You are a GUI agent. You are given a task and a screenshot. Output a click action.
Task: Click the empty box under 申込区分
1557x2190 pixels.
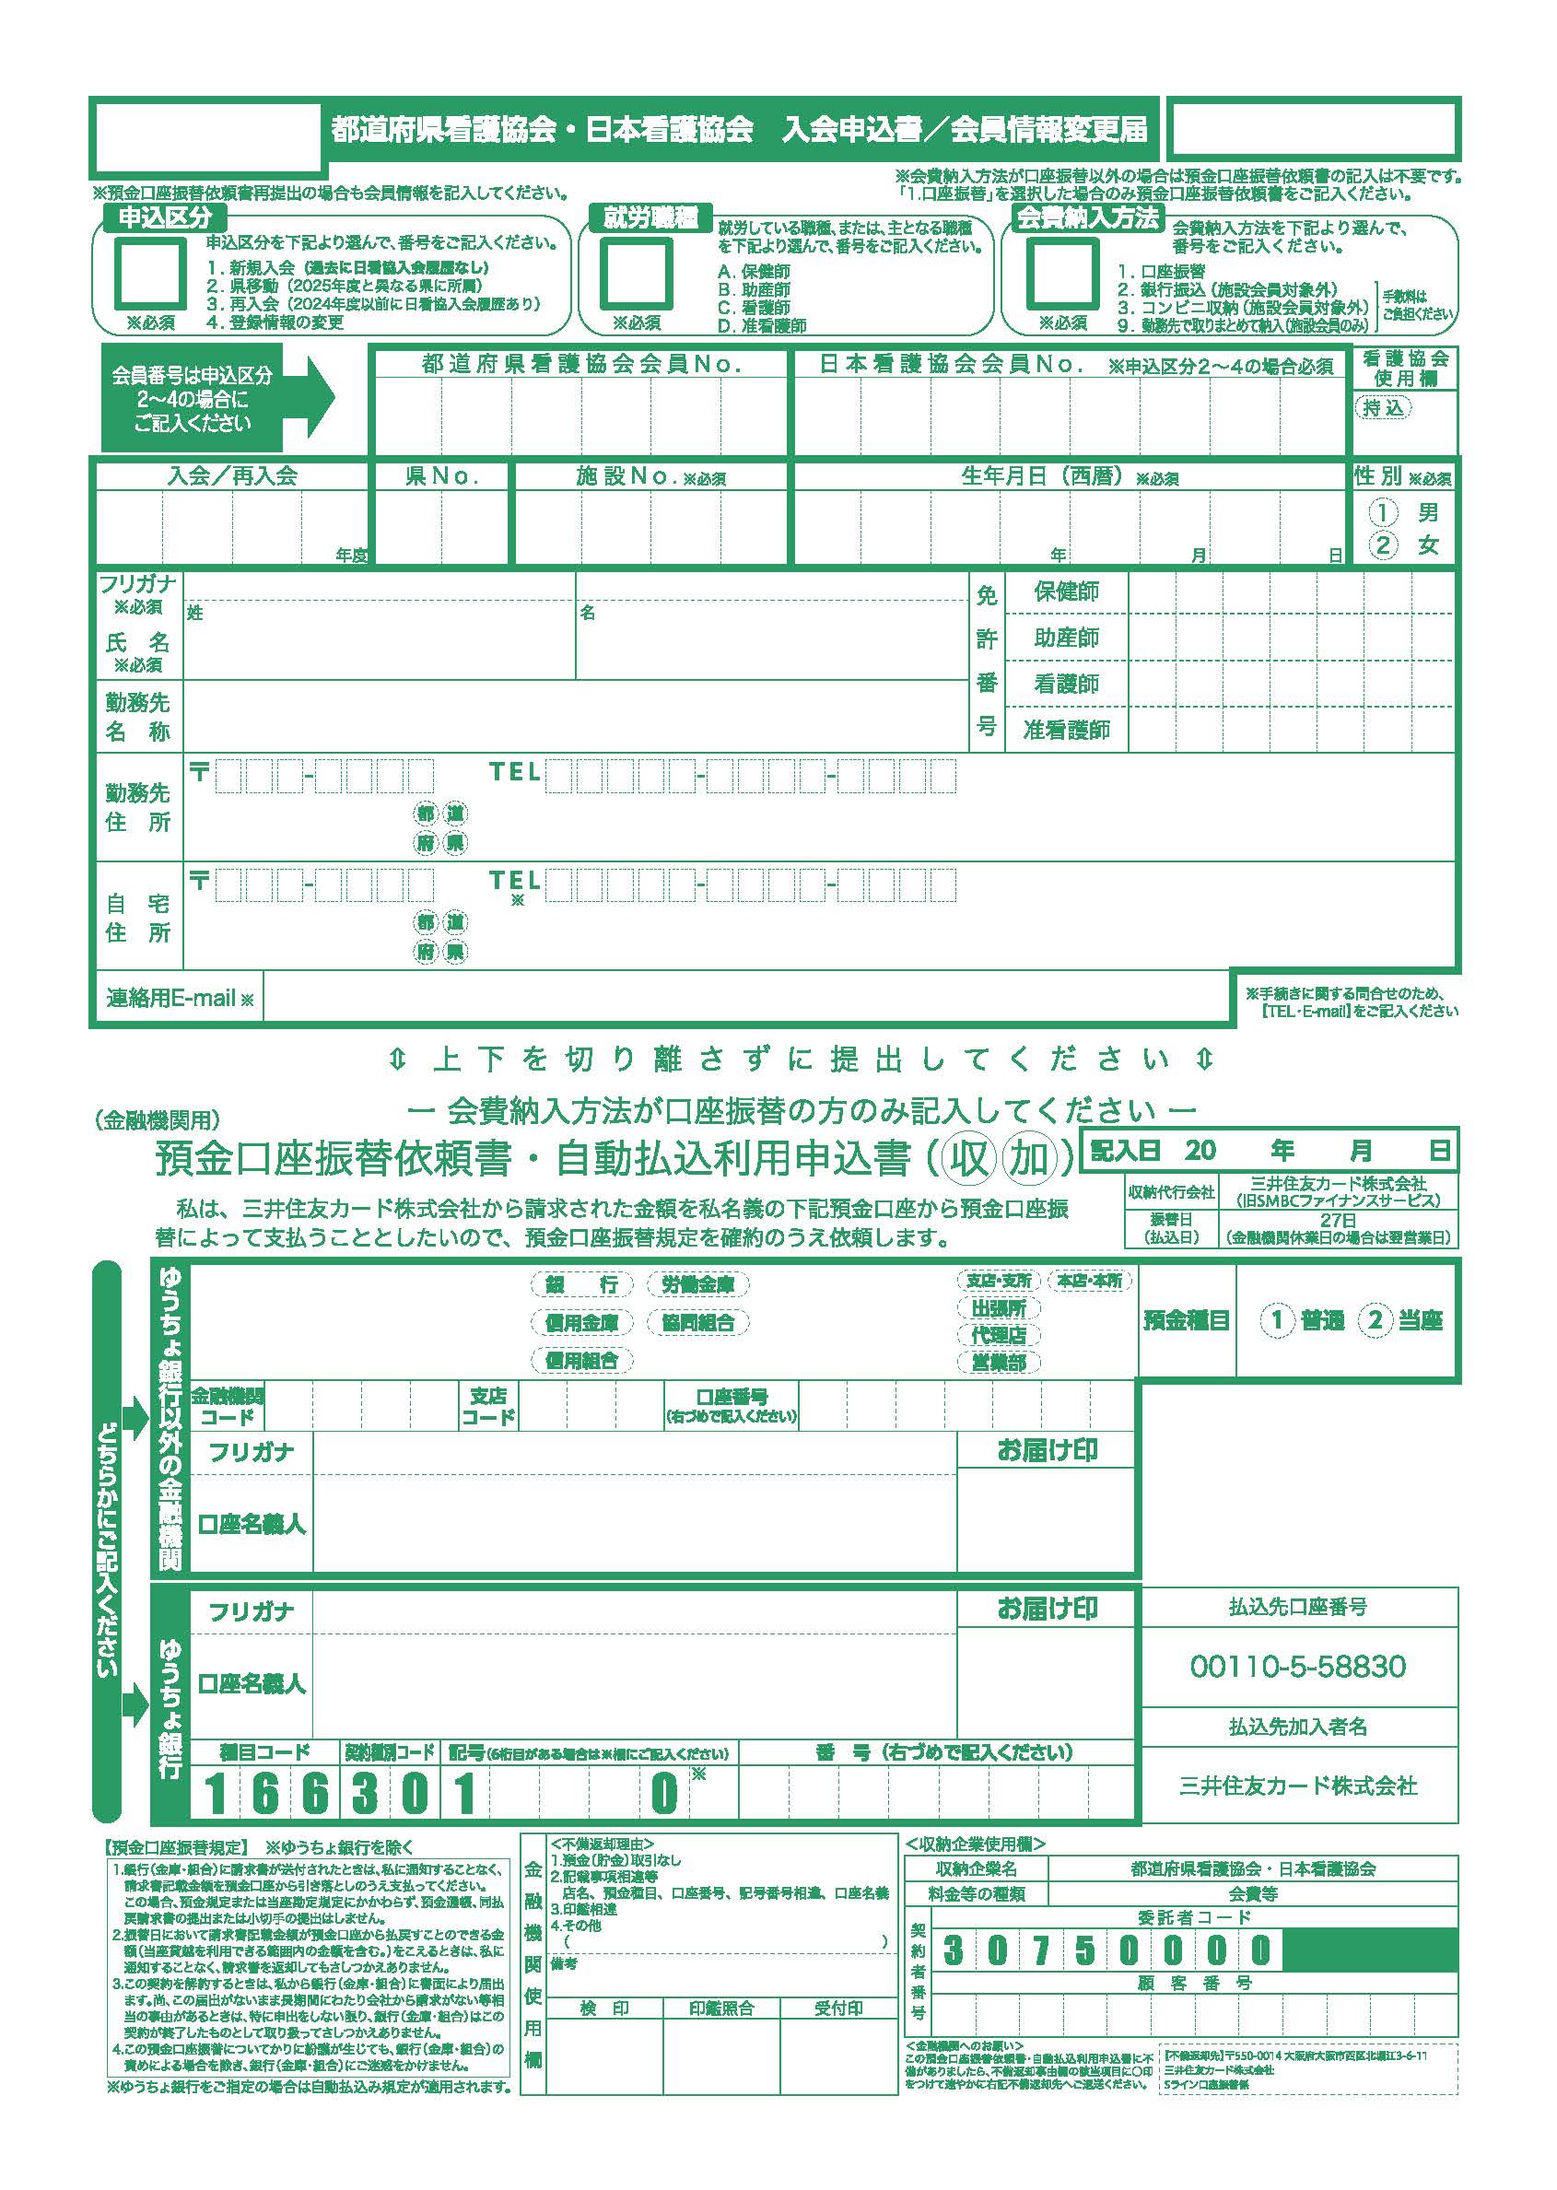[x=149, y=273]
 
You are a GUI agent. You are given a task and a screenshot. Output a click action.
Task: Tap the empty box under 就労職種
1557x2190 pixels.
[x=636, y=273]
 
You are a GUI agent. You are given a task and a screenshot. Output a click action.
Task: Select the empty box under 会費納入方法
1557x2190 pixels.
[x=1061, y=273]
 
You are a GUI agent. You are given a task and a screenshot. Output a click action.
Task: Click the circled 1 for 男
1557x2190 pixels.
[x=1383, y=512]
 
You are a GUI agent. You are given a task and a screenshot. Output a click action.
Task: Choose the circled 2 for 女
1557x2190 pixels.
[x=1383, y=545]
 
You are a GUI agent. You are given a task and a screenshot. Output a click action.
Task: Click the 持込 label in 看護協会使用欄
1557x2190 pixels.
[x=1383, y=407]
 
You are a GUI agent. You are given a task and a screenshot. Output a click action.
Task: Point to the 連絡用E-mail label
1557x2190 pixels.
[x=180, y=998]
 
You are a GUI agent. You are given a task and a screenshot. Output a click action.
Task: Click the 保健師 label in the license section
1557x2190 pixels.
[x=1066, y=591]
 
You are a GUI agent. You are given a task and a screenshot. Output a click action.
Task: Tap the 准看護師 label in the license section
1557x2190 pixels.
[x=1066, y=730]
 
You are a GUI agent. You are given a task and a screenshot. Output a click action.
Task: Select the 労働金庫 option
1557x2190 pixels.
[x=698, y=1284]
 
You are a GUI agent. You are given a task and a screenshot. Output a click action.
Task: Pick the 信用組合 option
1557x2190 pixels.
[x=582, y=1360]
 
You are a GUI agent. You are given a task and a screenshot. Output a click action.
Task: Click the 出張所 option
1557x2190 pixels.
[x=998, y=1308]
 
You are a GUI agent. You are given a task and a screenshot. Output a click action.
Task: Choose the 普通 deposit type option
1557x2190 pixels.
[x=1304, y=1320]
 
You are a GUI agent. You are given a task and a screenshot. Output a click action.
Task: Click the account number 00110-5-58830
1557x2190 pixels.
[x=1297, y=1667]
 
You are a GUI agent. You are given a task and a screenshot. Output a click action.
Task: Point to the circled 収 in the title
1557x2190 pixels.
[x=970, y=1158]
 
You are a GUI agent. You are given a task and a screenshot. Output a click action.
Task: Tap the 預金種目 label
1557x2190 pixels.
[x=1186, y=1320]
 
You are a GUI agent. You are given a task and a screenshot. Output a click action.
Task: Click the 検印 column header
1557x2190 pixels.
[x=604, y=2008]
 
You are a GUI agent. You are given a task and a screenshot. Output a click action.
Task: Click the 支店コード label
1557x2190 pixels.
[x=488, y=1407]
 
